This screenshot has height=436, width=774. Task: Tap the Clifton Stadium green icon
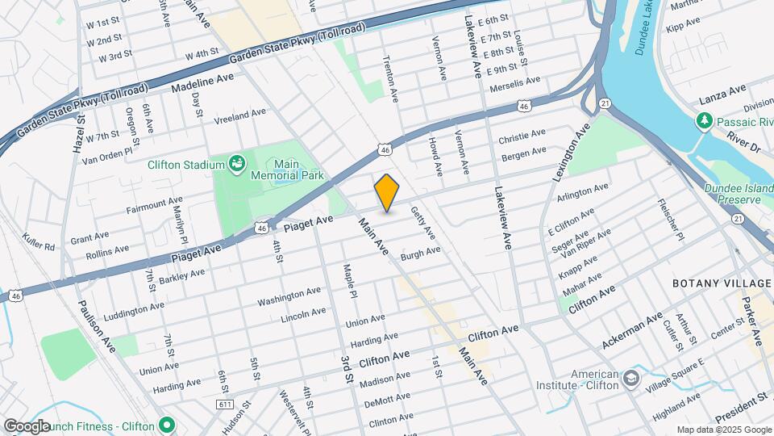[237, 165]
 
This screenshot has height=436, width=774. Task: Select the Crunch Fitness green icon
[167, 425]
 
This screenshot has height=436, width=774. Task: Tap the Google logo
[27, 426]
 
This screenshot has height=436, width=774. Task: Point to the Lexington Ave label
[572, 151]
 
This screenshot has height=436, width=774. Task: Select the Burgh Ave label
[421, 253]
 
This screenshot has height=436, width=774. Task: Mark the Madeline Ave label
[207, 83]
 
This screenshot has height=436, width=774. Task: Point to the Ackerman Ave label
[631, 331]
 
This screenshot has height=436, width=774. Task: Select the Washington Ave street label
[289, 297]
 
